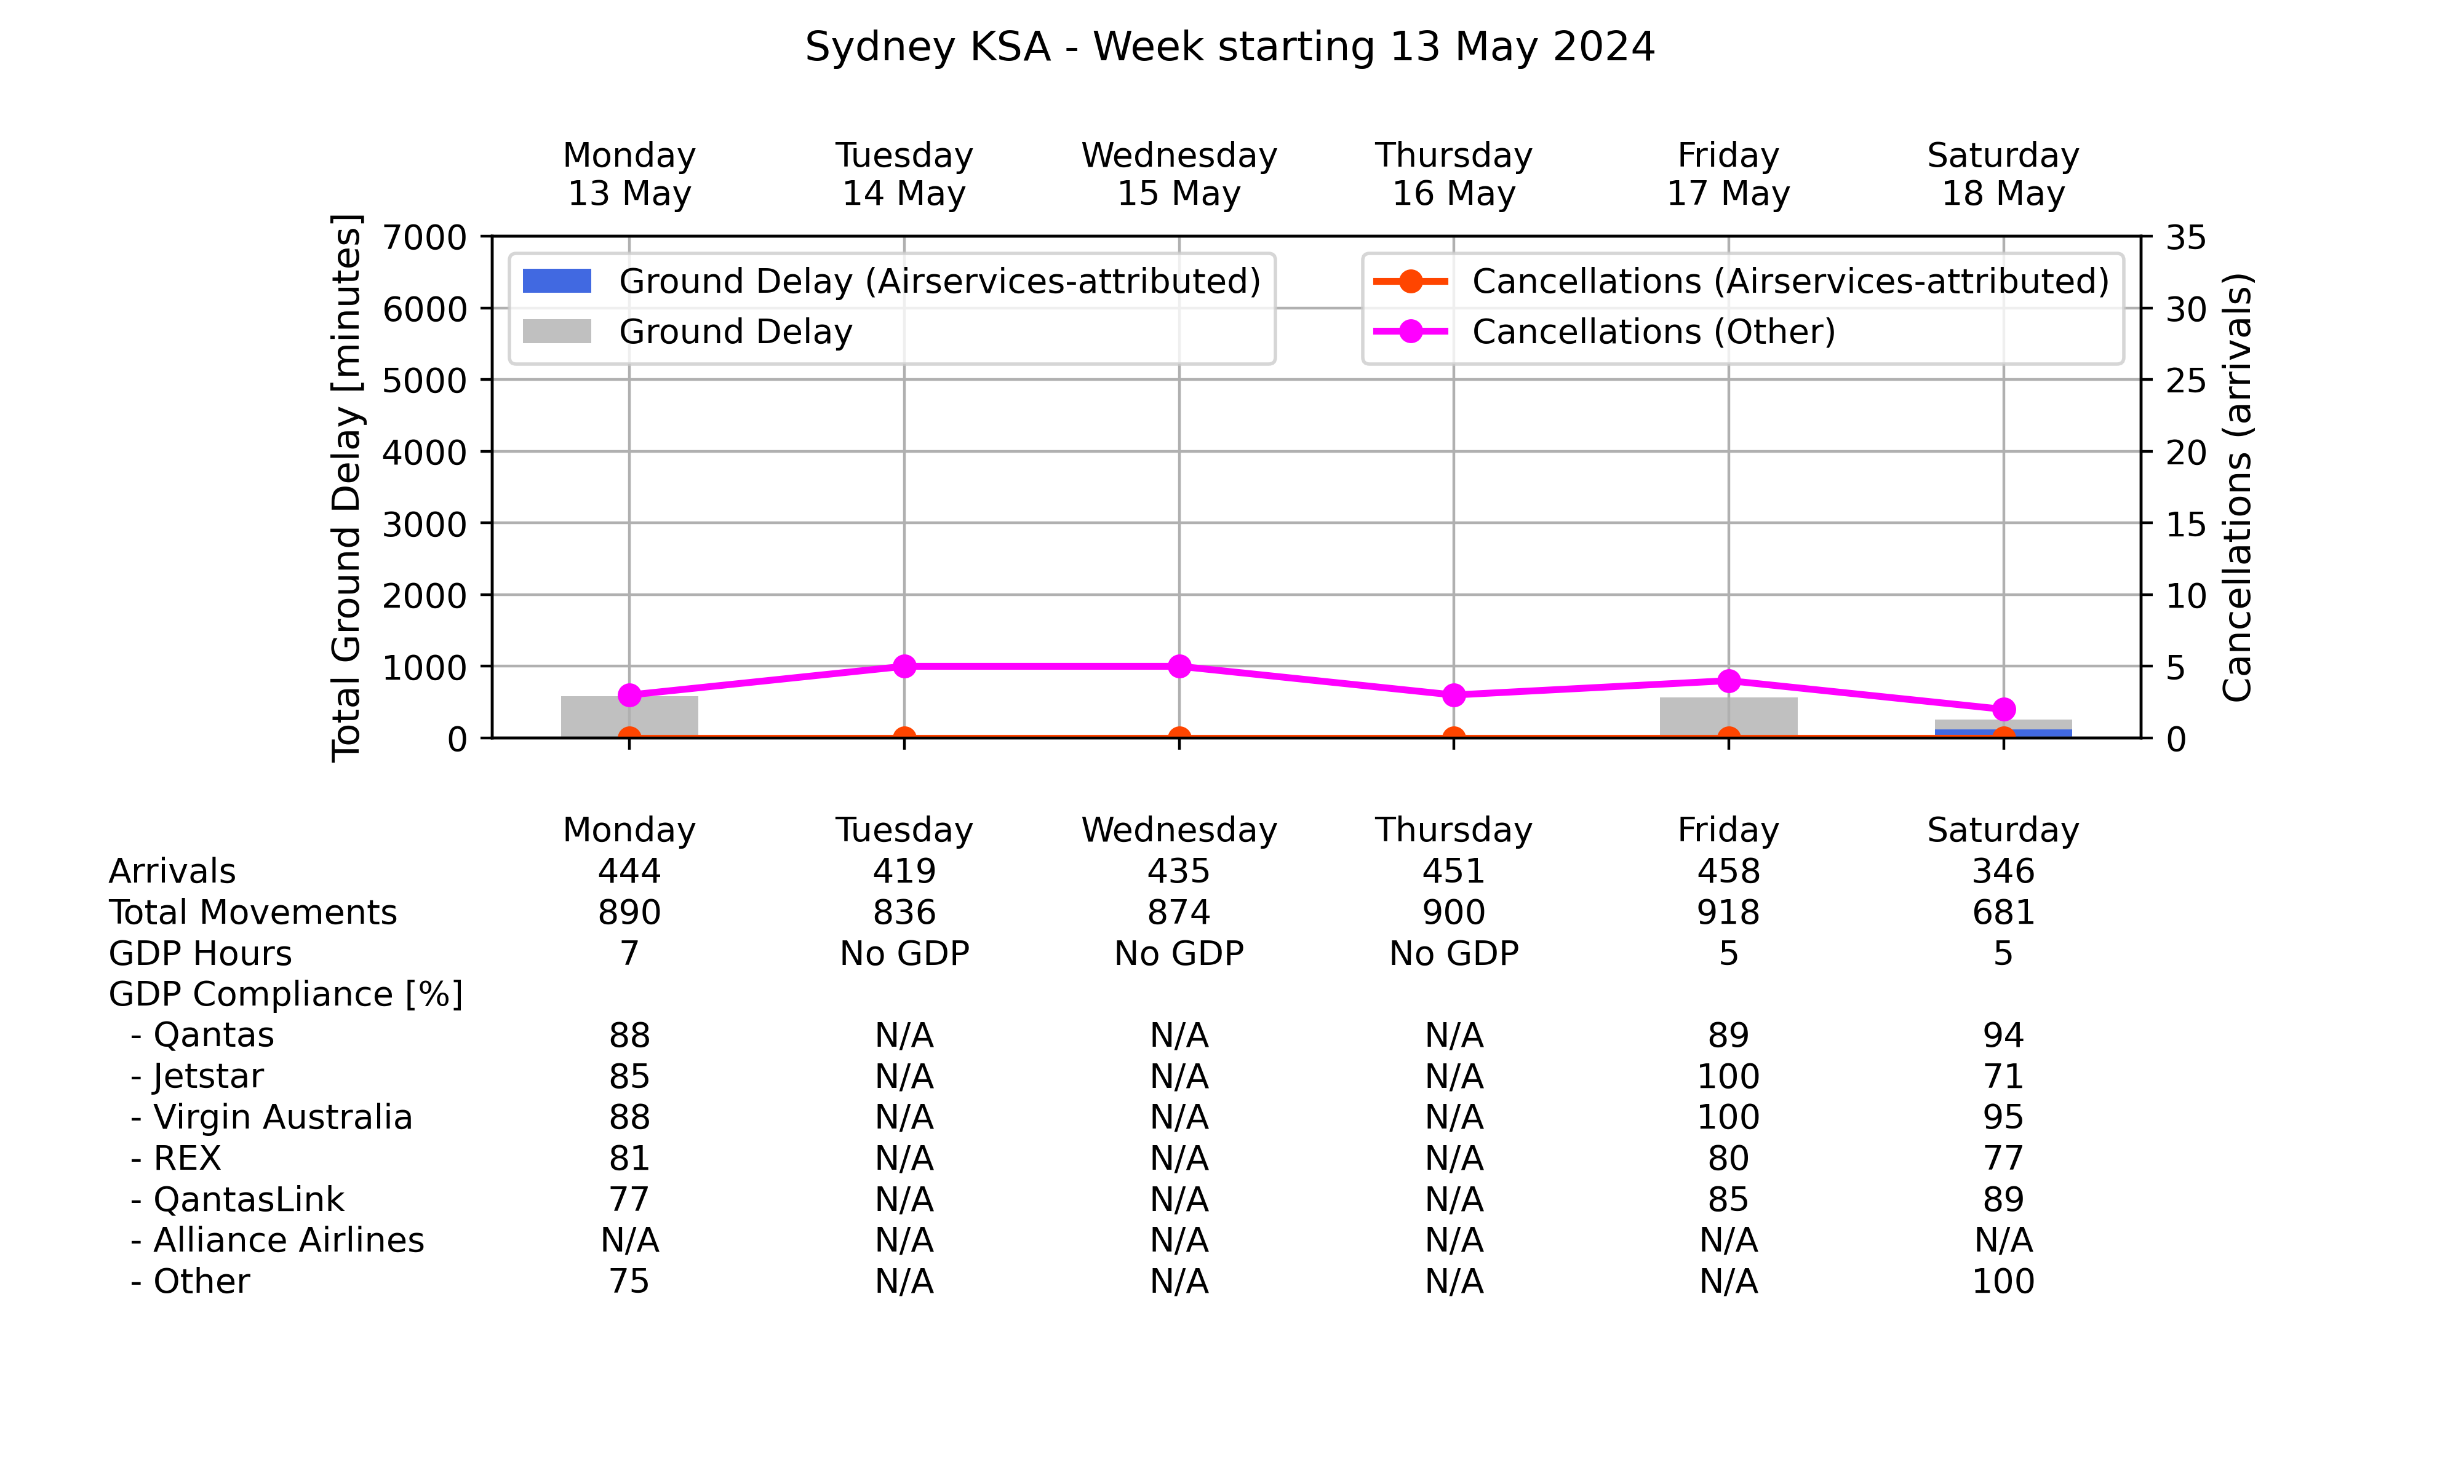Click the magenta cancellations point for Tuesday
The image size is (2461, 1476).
(x=904, y=667)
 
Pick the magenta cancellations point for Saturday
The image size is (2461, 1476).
(x=2003, y=709)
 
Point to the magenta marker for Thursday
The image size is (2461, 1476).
(x=1453, y=695)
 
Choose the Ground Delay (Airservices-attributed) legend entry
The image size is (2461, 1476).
(x=891, y=282)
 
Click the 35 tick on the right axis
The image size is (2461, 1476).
(x=2185, y=238)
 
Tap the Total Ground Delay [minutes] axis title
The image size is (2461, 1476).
(x=346, y=487)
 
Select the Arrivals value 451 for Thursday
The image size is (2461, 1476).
(x=1453, y=871)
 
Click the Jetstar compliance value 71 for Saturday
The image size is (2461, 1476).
(x=2003, y=1076)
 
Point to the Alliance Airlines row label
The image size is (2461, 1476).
(x=277, y=1240)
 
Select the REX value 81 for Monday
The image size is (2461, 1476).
(x=629, y=1157)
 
